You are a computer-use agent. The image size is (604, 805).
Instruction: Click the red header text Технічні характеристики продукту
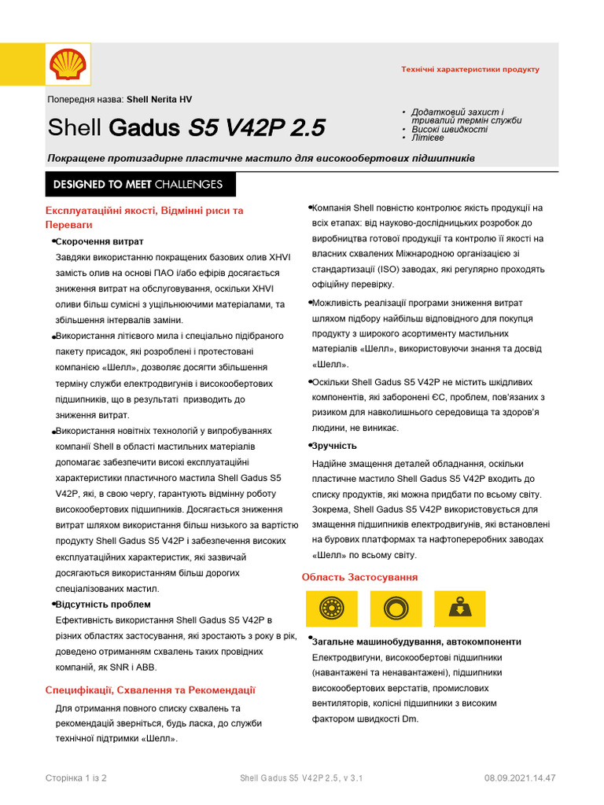click(x=470, y=70)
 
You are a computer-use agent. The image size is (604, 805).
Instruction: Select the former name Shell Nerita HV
click(x=159, y=100)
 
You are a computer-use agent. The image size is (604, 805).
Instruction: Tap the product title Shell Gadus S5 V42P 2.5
click(x=186, y=128)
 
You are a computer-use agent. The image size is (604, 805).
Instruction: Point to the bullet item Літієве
click(x=427, y=138)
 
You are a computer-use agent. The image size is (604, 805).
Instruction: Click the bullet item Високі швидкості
click(x=449, y=129)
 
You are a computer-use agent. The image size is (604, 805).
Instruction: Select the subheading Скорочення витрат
click(x=100, y=241)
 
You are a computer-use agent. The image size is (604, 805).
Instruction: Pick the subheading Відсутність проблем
click(x=103, y=605)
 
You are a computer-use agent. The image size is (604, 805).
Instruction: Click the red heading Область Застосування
click(x=359, y=578)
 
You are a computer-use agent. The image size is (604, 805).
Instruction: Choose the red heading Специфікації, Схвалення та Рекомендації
click(x=150, y=690)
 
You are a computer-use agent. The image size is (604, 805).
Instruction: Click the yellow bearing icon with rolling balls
click(x=330, y=608)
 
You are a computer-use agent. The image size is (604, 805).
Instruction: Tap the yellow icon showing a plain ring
click(x=394, y=608)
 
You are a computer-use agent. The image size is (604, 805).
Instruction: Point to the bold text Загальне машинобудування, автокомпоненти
click(x=416, y=641)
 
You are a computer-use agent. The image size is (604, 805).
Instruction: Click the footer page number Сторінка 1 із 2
click(x=76, y=778)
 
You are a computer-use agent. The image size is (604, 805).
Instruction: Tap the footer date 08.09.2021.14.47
click(x=520, y=778)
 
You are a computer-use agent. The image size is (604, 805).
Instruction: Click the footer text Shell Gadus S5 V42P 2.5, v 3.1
click(x=301, y=778)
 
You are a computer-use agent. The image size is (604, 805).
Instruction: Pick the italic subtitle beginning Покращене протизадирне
click(x=260, y=159)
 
